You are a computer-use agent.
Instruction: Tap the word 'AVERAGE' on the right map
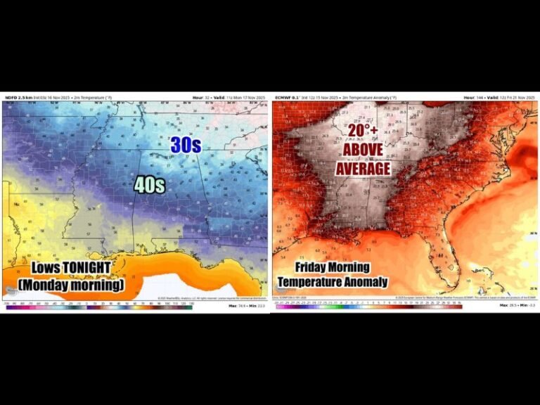point(362,169)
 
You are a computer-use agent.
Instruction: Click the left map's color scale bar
point(98,307)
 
